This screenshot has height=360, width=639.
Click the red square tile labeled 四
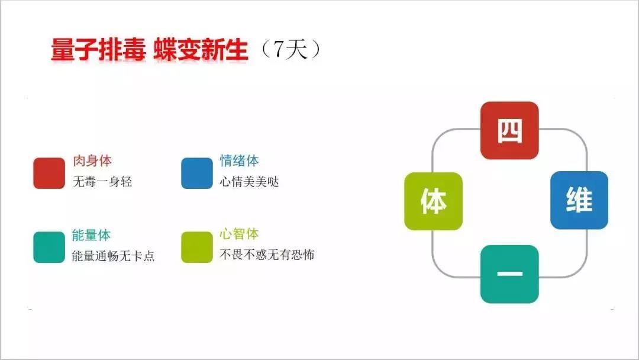coord(509,130)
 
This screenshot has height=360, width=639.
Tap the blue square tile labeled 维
coord(579,200)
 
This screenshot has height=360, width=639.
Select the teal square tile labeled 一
coord(509,274)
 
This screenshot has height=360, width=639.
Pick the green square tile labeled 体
coord(433,201)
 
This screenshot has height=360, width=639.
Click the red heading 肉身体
coord(92,160)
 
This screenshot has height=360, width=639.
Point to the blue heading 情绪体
coord(239,160)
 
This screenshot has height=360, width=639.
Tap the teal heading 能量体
coord(91,235)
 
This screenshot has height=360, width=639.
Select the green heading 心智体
coord(239,234)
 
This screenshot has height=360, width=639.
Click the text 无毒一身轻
coord(102,181)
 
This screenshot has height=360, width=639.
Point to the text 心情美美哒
coord(250,181)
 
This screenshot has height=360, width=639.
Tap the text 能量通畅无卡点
coord(113,256)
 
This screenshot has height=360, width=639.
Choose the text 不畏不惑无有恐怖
coord(267,255)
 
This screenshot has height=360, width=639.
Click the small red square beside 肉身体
coord(49,173)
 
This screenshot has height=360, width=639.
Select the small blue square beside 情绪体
coord(197,173)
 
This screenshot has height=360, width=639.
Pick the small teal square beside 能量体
coord(49,247)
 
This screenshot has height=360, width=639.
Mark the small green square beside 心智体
coord(197,247)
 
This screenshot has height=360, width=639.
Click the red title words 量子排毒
coord(98,50)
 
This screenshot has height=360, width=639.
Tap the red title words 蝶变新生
coord(201,50)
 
